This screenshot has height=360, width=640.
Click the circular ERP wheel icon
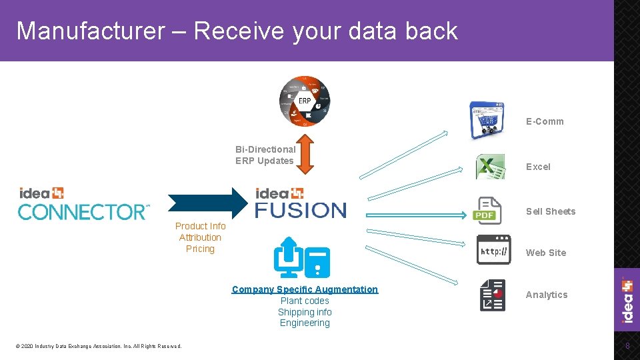point(304,101)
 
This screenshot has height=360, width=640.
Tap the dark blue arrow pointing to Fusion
point(207,202)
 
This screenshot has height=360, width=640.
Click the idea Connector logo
point(83,203)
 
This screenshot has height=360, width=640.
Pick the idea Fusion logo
point(301,203)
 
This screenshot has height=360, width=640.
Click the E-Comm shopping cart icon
point(487,120)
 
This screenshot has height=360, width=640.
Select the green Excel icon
point(490,167)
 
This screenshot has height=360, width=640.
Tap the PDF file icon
point(487,211)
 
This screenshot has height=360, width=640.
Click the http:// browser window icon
point(494,250)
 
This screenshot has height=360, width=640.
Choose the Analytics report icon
point(493,295)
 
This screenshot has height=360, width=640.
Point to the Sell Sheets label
point(550,211)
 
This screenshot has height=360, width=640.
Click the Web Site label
point(545,253)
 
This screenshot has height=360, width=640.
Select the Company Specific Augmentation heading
point(305,289)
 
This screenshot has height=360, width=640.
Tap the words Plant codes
point(305,301)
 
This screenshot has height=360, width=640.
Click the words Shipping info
point(305,312)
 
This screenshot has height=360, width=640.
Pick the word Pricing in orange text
point(200,249)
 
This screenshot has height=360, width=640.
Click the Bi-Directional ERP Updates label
point(265,155)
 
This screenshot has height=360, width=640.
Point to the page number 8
point(627,346)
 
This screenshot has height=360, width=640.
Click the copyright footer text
point(99,346)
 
